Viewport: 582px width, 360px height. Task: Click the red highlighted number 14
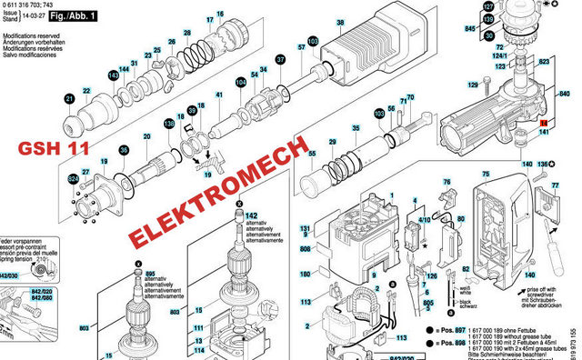[544, 121]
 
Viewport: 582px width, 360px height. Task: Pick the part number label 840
[571, 94]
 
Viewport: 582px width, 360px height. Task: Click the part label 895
[151, 274]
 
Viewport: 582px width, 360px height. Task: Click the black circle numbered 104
[240, 82]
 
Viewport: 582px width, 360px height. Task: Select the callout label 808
[306, 248]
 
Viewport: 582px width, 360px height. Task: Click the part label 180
[306, 274]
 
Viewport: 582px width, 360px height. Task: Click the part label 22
[86, 89]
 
